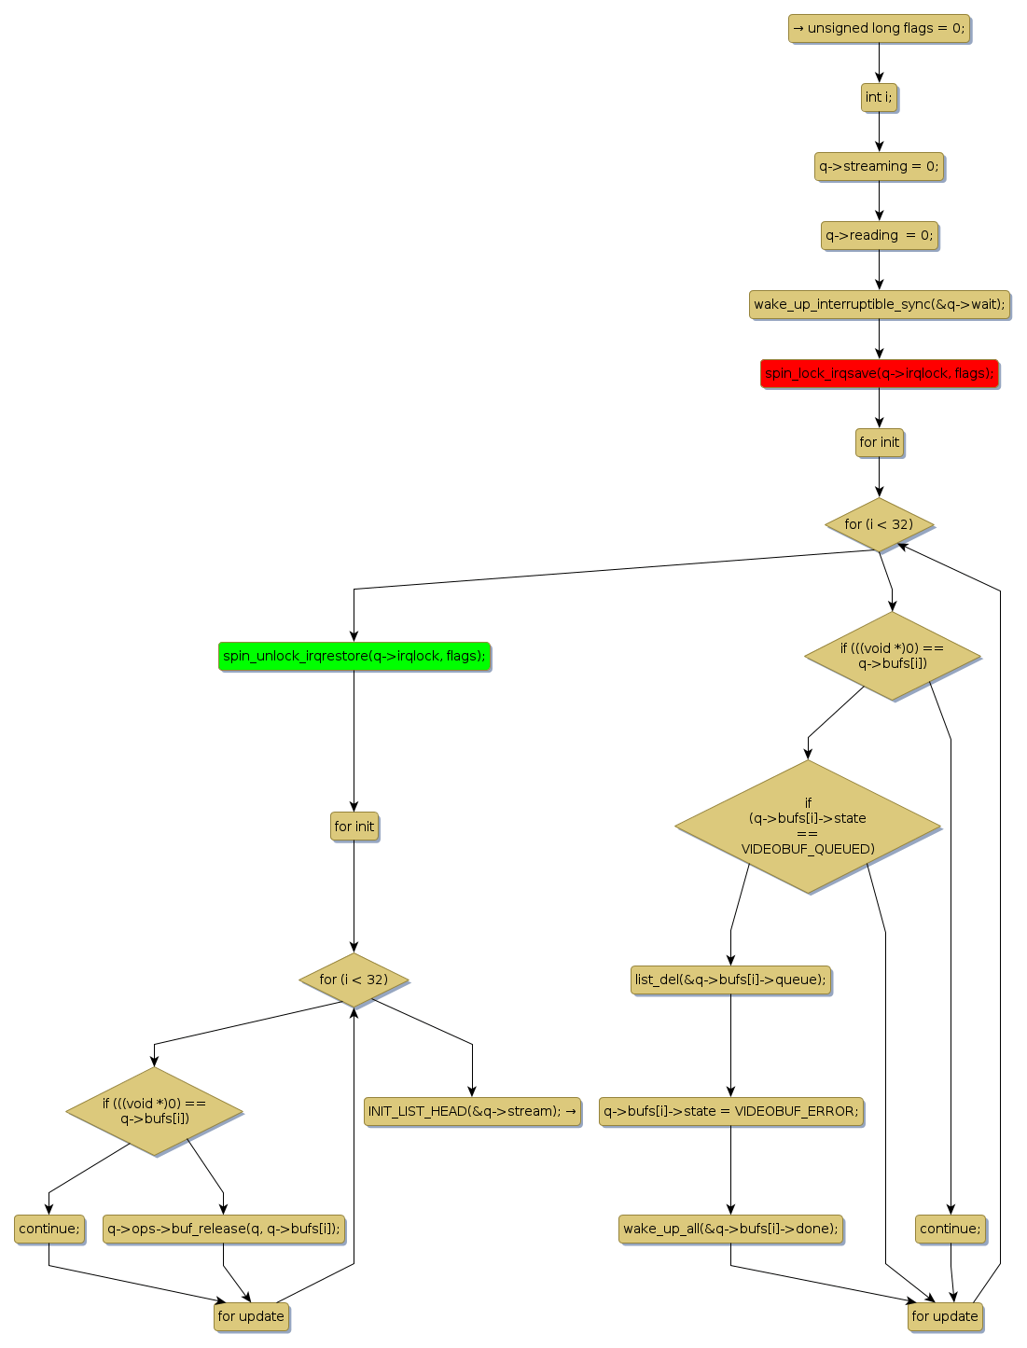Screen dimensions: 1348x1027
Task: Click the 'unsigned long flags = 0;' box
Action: pyautogui.click(x=879, y=29)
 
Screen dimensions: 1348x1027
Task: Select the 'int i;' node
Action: pyautogui.click(x=879, y=98)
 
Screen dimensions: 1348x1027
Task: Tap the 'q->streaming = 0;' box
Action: pyautogui.click(x=879, y=167)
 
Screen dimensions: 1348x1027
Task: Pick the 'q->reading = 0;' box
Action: pyautogui.click(x=879, y=236)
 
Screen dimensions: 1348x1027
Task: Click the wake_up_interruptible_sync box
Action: pyautogui.click(x=879, y=305)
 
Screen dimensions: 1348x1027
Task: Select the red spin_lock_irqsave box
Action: pyautogui.click(x=879, y=374)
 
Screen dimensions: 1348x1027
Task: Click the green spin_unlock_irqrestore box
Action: pyautogui.click(x=354, y=657)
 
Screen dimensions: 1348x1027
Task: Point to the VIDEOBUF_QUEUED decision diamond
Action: pyautogui.click(x=808, y=827)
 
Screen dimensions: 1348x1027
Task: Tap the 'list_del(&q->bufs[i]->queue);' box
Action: pyautogui.click(x=730, y=980)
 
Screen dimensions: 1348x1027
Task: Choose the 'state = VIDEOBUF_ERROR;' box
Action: pyautogui.click(x=730, y=1112)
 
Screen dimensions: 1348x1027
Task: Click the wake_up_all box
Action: pyautogui.click(x=730, y=1230)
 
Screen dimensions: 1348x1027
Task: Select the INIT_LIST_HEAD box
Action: pyautogui.click(x=472, y=1112)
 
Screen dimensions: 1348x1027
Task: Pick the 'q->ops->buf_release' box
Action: pyautogui.click(x=223, y=1230)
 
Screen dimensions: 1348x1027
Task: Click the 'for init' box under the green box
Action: pyautogui.click(x=354, y=827)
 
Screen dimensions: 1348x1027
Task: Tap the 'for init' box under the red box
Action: pyautogui.click(x=879, y=443)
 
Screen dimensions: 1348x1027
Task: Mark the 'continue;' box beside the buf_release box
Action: pyautogui.click(x=49, y=1230)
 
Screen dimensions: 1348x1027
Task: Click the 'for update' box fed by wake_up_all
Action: pyautogui.click(x=945, y=1317)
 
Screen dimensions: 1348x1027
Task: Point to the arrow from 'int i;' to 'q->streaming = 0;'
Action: pyautogui.click(x=879, y=132)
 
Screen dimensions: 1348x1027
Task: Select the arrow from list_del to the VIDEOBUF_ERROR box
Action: pyautogui.click(x=730, y=1045)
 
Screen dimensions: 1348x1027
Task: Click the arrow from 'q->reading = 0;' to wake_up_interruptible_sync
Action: pyautogui.click(x=879, y=270)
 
